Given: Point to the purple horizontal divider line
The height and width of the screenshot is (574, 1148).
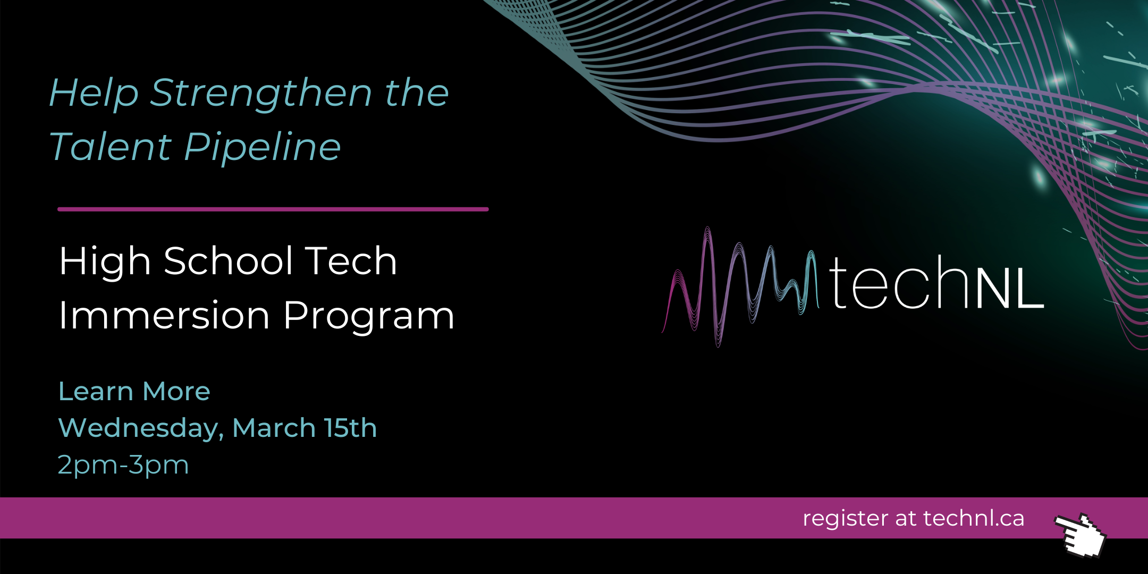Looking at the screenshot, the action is coord(273,209).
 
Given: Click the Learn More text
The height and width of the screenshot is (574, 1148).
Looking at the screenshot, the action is coord(134,391).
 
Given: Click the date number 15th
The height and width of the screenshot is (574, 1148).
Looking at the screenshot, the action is coord(351,428).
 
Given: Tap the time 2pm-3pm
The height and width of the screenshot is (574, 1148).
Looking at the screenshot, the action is coord(123,465).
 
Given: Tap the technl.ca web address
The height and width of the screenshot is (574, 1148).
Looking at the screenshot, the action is coord(974,518).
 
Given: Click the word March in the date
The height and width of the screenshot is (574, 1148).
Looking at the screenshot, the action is coord(274,428).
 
